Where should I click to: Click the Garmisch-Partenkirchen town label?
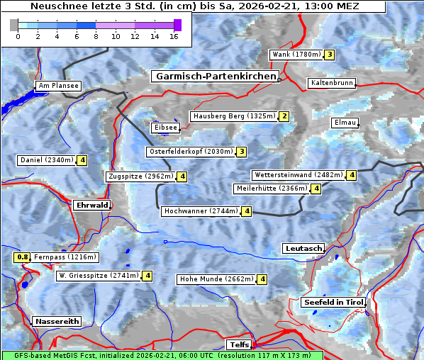pyautogui.click(x=214, y=76)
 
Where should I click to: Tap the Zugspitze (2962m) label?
pyautogui.click(x=140, y=176)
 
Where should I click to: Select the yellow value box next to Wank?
pyautogui.click(x=330, y=55)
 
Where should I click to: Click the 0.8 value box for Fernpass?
pyautogui.click(x=22, y=257)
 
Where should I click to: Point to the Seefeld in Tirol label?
pyautogui.click(x=333, y=303)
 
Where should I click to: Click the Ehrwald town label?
pyautogui.click(x=91, y=205)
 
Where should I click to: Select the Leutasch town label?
pyautogui.click(x=303, y=249)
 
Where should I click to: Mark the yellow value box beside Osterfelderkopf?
pyautogui.click(x=242, y=152)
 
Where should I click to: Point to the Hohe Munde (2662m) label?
pyautogui.click(x=216, y=279)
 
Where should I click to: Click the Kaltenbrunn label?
pyautogui.click(x=331, y=83)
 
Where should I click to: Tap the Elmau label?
pyautogui.click(x=345, y=123)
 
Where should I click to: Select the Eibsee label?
pyautogui.click(x=165, y=128)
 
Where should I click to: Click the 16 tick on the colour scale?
pyautogui.click(x=174, y=36)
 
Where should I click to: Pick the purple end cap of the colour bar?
pyautogui.click(x=177, y=25)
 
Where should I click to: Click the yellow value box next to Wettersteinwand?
pyautogui.click(x=352, y=175)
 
